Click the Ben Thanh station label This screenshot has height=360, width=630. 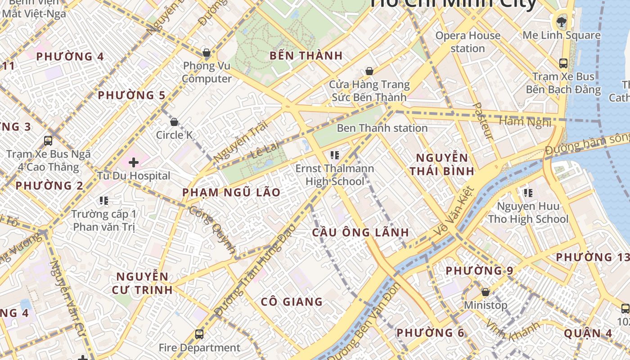[x=382, y=128]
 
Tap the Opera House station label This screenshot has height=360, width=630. [x=468, y=42]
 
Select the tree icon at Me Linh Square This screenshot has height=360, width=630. [x=562, y=21]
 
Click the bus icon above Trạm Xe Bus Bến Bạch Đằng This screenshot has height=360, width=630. [x=563, y=63]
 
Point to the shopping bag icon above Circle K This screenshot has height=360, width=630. [x=174, y=122]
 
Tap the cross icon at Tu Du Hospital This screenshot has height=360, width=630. [x=134, y=162]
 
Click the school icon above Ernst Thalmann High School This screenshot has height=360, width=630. [x=334, y=156]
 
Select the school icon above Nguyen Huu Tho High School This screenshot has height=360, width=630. [x=528, y=193]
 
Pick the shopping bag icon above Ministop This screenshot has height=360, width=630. [x=485, y=292]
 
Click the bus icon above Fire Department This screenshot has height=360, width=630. [x=199, y=334]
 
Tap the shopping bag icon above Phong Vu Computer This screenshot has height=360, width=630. [x=207, y=53]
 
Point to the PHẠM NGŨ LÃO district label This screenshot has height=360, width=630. [x=231, y=193]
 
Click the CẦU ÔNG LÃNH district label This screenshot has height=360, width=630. [x=360, y=233]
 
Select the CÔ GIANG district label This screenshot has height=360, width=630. [x=292, y=302]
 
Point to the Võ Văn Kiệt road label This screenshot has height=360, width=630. [x=454, y=211]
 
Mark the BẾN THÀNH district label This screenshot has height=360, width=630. [x=306, y=56]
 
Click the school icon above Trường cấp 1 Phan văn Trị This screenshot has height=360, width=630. [x=104, y=201]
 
